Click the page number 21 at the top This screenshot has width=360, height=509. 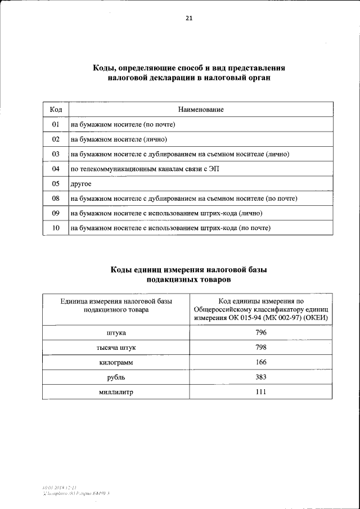(x=189, y=18)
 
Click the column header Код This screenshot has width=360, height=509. (x=56, y=109)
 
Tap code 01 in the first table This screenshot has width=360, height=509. (x=56, y=124)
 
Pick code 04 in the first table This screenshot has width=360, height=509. (x=56, y=169)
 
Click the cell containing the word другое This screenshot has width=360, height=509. (x=80, y=184)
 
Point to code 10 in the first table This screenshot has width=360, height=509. (x=56, y=228)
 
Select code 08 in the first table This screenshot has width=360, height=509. (x=56, y=199)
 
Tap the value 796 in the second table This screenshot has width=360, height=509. (x=261, y=333)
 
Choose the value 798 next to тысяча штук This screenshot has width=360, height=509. (x=261, y=348)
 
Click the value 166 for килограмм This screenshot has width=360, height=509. (x=261, y=362)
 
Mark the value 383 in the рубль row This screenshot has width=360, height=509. (x=261, y=377)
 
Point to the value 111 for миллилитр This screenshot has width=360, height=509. (x=261, y=391)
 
